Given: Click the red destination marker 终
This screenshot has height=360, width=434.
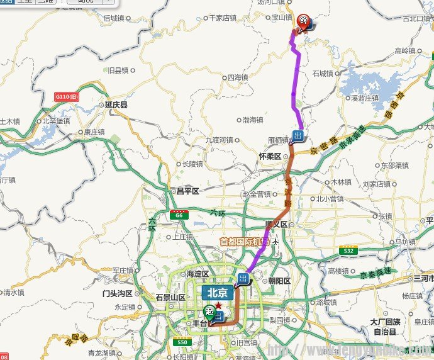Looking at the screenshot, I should click(304, 21).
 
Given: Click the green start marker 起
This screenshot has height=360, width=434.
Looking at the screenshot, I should click(209, 310).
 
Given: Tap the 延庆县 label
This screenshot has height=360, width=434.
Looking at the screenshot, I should click(116, 106).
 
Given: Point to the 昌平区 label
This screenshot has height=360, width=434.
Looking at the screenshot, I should click(186, 191).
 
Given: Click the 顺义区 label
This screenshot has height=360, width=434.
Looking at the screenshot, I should click(275, 224).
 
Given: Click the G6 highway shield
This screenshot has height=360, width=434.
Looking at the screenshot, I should click(179, 215).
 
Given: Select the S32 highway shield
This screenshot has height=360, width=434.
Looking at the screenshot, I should click(348, 250).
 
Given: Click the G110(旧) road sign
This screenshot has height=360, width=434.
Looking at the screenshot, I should click(67, 97).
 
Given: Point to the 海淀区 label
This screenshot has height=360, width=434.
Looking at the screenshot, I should click(196, 274).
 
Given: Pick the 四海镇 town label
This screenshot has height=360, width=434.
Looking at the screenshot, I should click(237, 78).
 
